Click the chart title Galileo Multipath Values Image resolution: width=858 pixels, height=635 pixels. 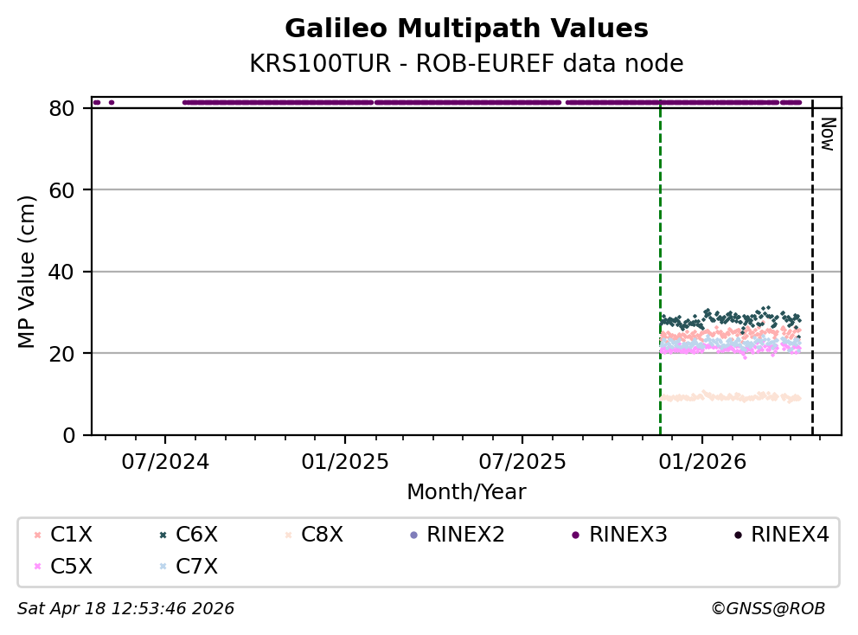point(466,29)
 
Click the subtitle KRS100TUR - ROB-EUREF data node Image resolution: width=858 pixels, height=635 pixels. point(466,63)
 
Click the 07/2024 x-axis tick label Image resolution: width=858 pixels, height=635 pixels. point(166,461)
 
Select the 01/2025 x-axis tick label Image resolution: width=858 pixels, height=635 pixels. point(344,461)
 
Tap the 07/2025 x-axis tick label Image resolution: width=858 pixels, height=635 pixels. point(522,461)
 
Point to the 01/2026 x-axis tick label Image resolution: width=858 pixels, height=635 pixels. point(701,461)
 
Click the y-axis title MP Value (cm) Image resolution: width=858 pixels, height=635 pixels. point(28,272)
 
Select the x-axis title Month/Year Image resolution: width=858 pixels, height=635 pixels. point(466,492)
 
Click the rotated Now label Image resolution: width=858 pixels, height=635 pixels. point(827,135)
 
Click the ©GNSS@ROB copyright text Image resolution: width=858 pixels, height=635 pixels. point(767,609)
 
